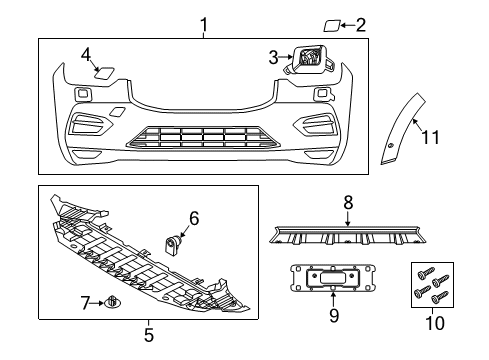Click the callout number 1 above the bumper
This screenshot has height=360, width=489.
(204, 22)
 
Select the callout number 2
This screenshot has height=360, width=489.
(361, 25)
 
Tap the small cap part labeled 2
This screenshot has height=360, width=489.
(332, 25)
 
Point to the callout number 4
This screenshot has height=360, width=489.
(87, 54)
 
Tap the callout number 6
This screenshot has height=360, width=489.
(194, 217)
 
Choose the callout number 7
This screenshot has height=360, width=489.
(86, 301)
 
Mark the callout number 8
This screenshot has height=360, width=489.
(348, 203)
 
